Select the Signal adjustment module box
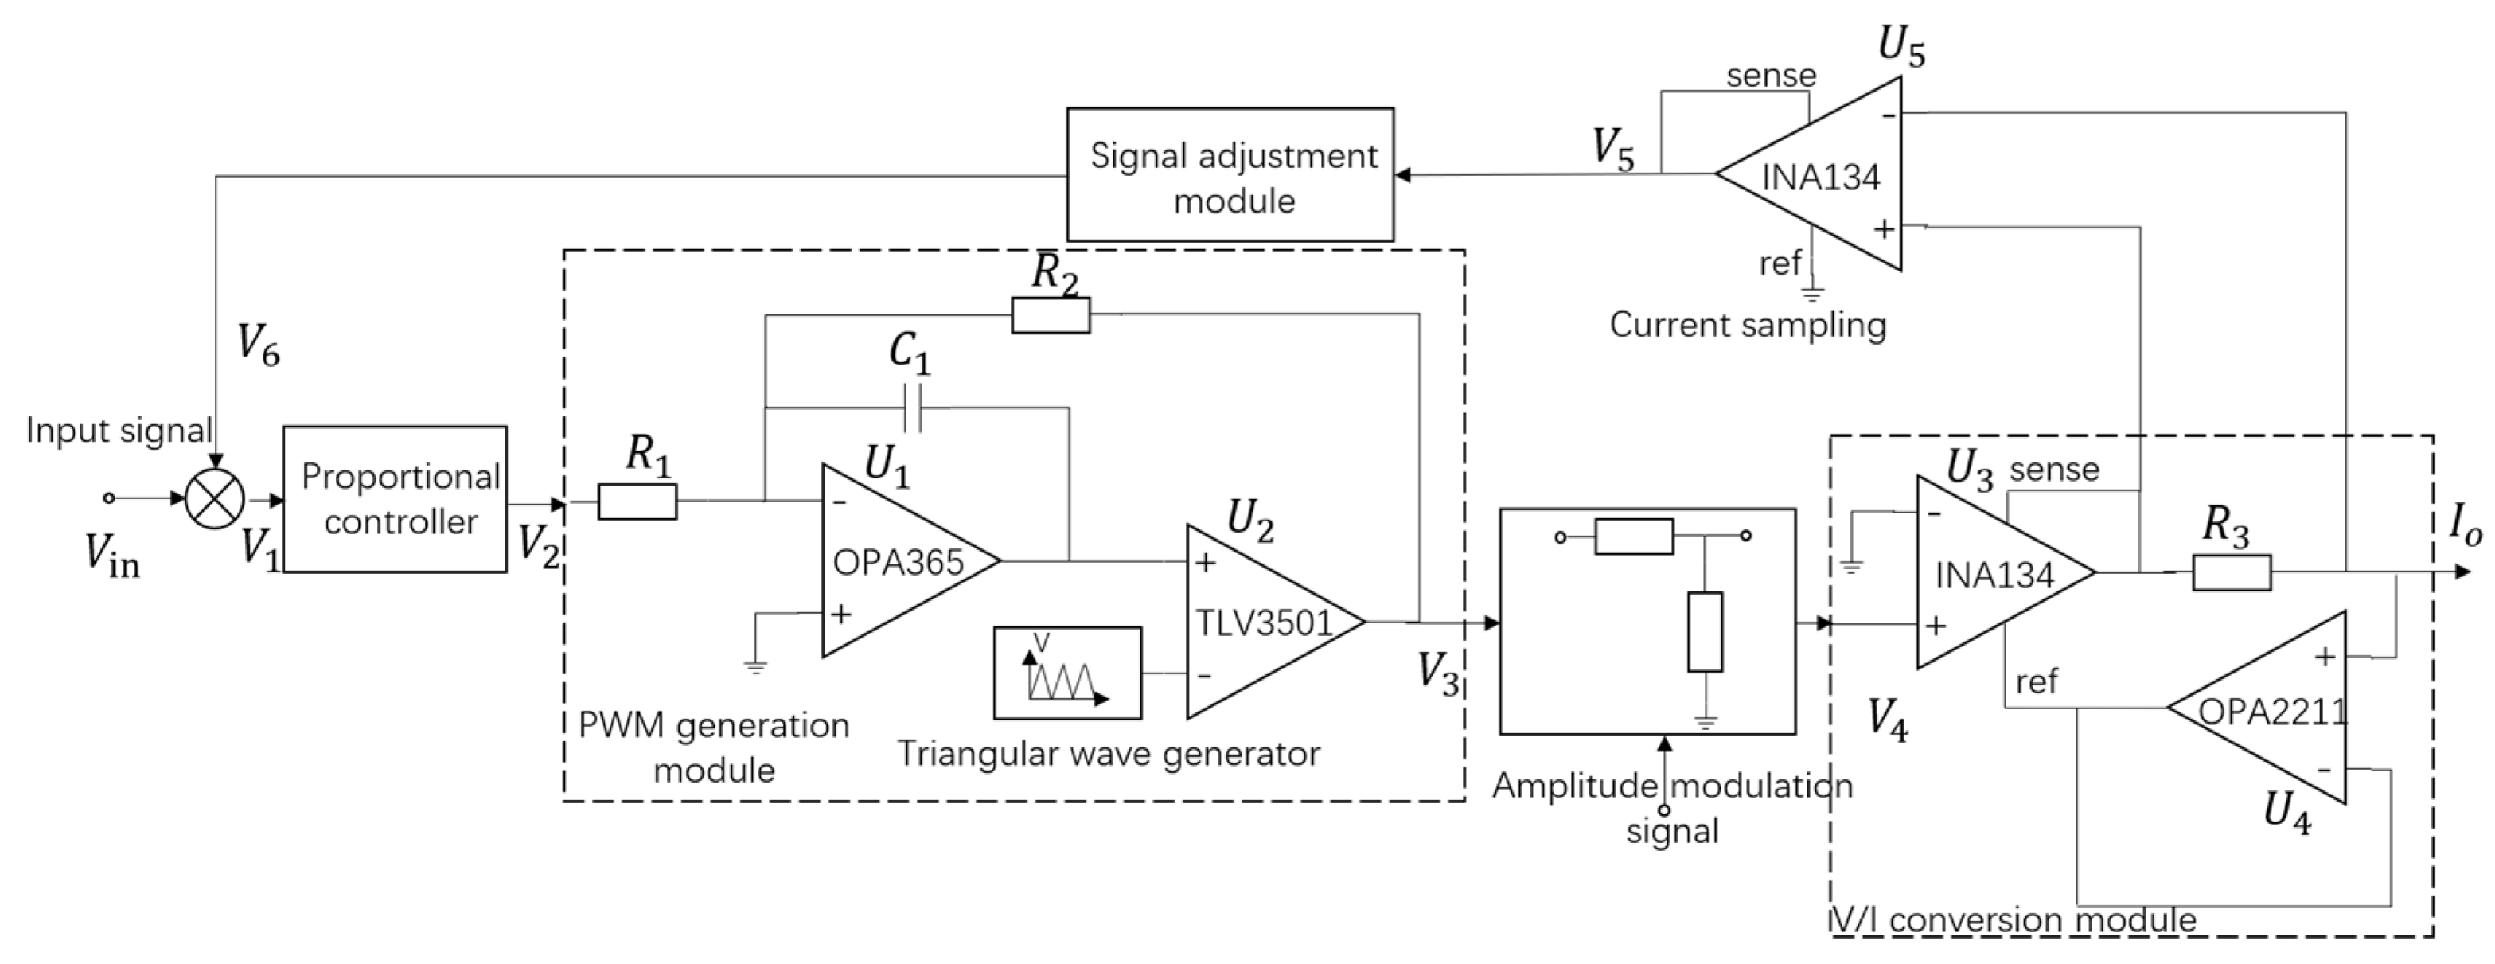1230,175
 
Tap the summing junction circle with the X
215,500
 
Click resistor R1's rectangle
637,501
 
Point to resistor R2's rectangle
1050,315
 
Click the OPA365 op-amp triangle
896,560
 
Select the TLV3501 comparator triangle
1259,621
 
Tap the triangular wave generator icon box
1067,673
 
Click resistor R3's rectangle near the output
2231,572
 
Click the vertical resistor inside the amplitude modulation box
1705,630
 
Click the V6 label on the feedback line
259,345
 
